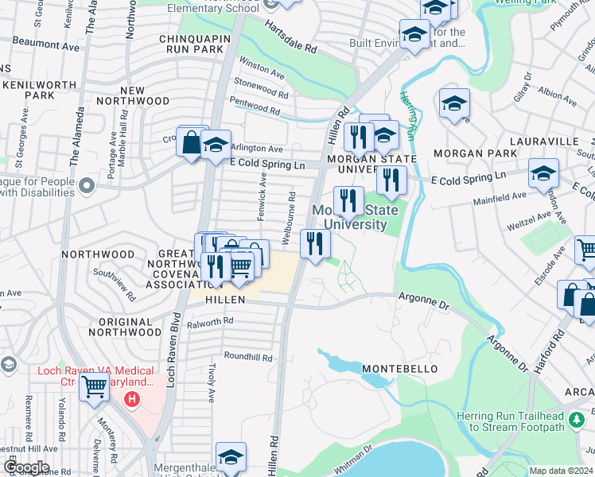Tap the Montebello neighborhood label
tap(399, 370)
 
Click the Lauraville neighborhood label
tap(554, 140)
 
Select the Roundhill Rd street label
tap(248, 356)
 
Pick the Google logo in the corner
tap(25, 467)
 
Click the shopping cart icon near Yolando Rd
tap(95, 386)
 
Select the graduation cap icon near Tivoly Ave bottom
tap(231, 456)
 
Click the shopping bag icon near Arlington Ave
tap(192, 143)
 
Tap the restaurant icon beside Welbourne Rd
tap(315, 243)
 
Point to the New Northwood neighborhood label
tap(133, 101)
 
